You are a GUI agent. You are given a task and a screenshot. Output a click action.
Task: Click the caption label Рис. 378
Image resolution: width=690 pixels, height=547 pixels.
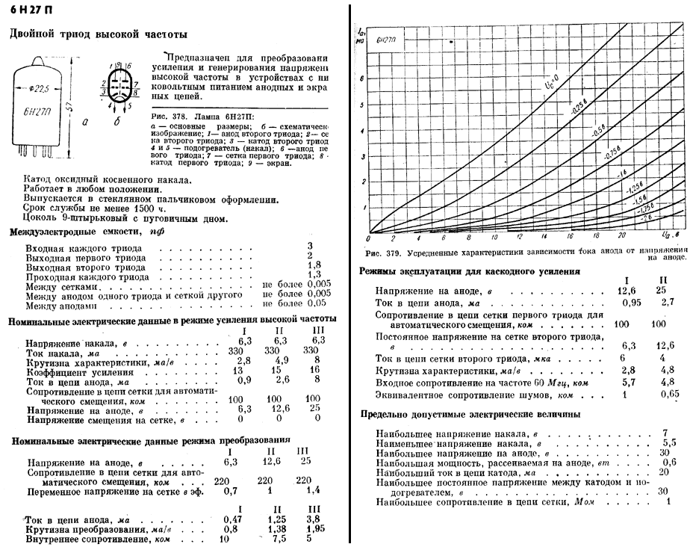pyautogui.click(x=167, y=117)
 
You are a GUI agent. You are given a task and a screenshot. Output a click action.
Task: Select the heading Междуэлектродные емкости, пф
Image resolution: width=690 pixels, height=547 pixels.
pyautogui.click(x=87, y=233)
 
